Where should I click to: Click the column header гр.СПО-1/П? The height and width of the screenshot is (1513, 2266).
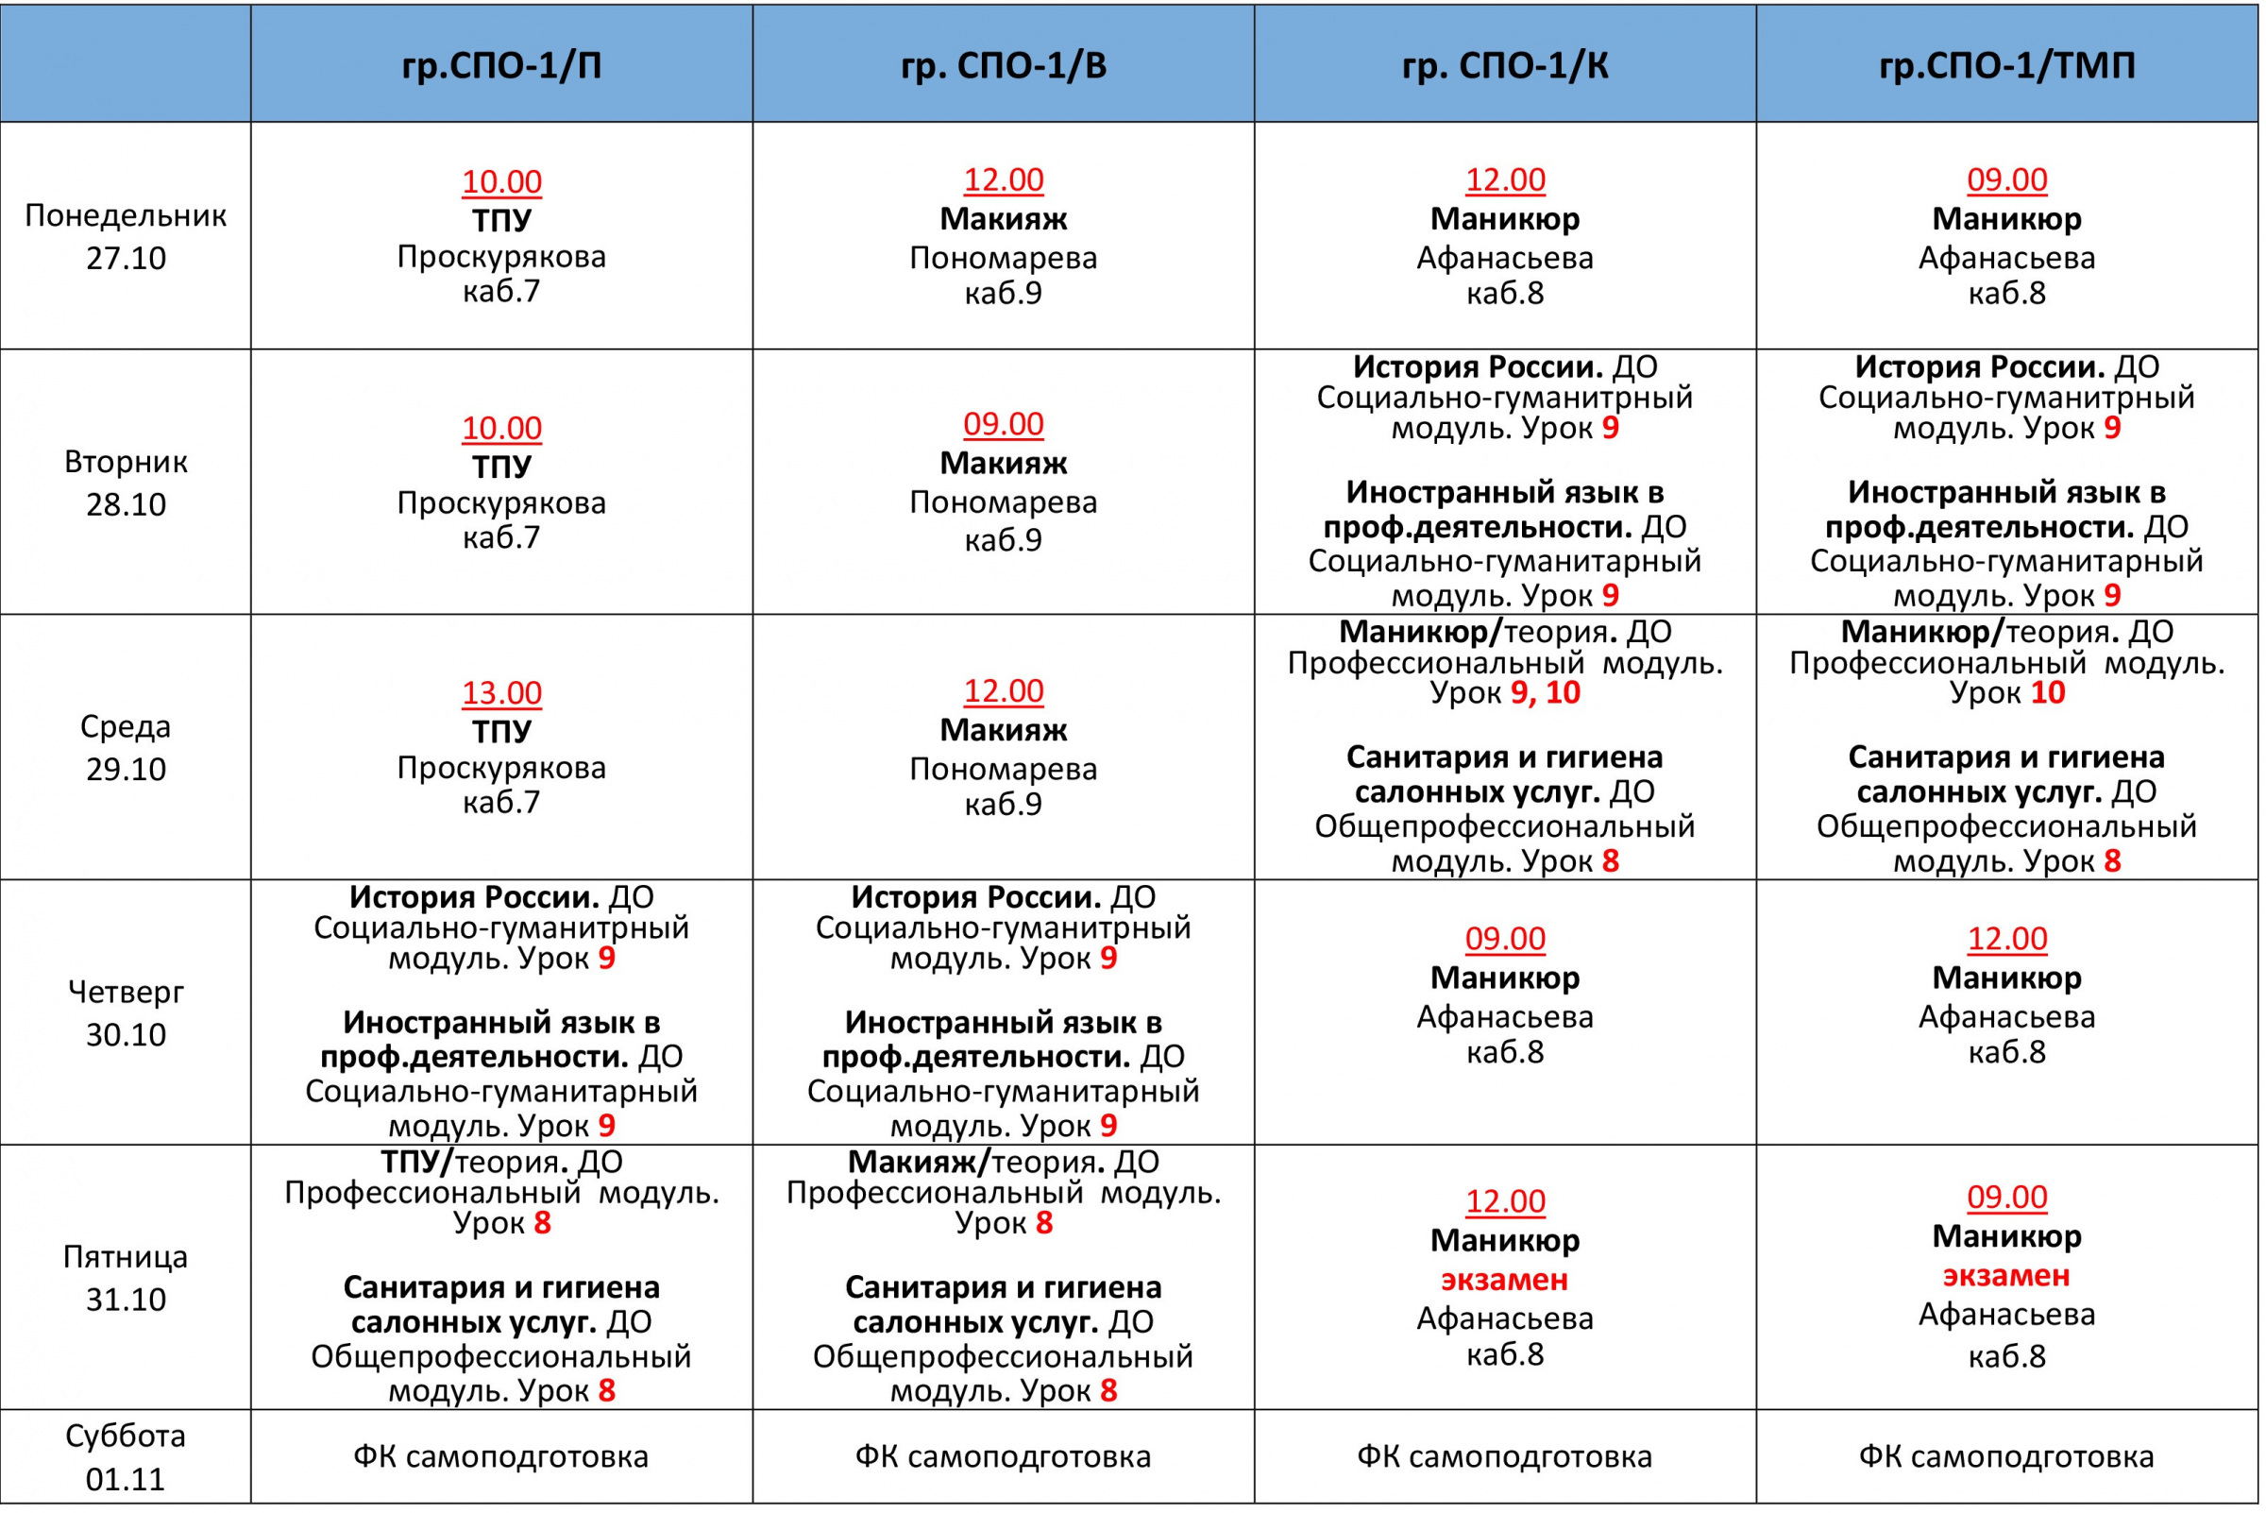(501, 64)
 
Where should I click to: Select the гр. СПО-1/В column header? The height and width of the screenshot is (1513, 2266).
(1004, 64)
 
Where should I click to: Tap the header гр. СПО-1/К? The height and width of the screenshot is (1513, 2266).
(1505, 64)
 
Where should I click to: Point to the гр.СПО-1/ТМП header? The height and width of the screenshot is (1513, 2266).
(2006, 64)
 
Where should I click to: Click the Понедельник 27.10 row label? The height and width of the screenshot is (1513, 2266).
(126, 236)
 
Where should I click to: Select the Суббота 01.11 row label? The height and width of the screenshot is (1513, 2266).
(126, 1457)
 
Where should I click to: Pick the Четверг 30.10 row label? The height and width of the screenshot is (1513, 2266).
(126, 1013)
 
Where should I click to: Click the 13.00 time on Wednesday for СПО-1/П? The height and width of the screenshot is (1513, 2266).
(501, 693)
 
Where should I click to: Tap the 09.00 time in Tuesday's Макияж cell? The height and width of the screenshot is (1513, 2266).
(1004, 425)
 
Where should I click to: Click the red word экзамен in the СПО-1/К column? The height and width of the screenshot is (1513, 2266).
(1505, 1281)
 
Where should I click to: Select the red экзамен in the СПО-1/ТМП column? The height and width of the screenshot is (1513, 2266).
(2006, 1277)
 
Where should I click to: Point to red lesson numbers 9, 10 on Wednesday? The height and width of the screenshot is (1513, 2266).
(1546, 693)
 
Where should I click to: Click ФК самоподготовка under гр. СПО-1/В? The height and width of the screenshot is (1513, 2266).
(1004, 1457)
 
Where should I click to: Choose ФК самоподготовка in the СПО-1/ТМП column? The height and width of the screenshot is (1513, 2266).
(2006, 1457)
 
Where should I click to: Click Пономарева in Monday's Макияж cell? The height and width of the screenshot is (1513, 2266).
(1004, 259)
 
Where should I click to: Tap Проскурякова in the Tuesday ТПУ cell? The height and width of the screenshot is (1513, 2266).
(501, 502)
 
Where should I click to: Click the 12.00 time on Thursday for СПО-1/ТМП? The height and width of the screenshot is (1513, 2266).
(2006, 939)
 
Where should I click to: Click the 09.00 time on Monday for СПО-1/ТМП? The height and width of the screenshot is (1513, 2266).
(2006, 180)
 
